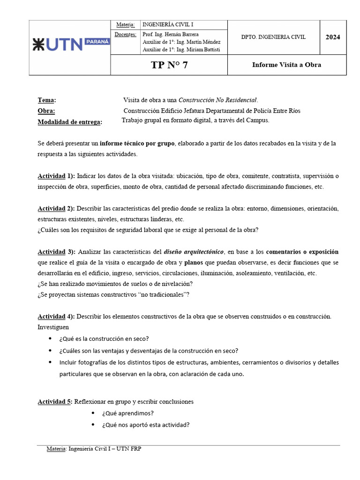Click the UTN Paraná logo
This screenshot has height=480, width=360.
(70, 45)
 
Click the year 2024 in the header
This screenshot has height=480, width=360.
(333, 37)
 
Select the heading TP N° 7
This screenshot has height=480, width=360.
(169, 65)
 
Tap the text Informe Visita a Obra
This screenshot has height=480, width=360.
(286, 65)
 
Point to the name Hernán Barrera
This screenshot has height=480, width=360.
(172, 34)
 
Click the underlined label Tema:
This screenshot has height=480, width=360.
(47, 100)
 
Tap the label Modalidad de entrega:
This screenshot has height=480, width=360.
(69, 122)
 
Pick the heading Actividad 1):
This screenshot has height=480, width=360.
(56, 176)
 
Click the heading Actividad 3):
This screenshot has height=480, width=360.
(56, 252)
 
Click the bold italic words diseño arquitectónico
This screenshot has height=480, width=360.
(193, 252)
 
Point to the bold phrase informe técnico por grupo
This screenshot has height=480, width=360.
(137, 143)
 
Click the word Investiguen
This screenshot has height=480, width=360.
(53, 327)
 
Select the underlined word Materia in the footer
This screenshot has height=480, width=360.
(56, 449)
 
